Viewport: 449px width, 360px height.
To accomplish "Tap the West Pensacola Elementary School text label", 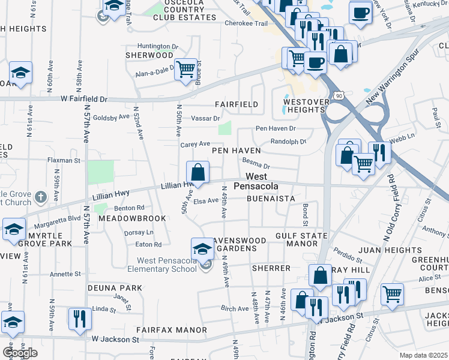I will [167, 265].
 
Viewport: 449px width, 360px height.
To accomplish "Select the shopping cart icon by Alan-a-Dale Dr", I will [186, 70].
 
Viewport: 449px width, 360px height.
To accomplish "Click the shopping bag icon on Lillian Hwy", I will [197, 173].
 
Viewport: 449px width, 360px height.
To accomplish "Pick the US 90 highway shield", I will [339, 95].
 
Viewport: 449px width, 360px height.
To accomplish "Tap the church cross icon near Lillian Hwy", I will [40, 197].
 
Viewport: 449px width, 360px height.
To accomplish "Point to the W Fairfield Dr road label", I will [83, 98].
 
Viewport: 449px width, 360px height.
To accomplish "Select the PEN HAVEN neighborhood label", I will [235, 151].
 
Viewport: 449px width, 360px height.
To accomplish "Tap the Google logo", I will [20, 352].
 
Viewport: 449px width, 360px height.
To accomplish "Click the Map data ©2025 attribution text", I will [424, 355].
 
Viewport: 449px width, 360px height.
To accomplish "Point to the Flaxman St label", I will [64, 161].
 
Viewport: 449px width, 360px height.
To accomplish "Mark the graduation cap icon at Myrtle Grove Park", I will [14, 230].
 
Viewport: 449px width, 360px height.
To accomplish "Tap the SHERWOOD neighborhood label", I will [149, 55].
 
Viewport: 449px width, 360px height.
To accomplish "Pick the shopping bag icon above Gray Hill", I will [321, 275].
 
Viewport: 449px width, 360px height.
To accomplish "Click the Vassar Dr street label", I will [205, 118].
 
